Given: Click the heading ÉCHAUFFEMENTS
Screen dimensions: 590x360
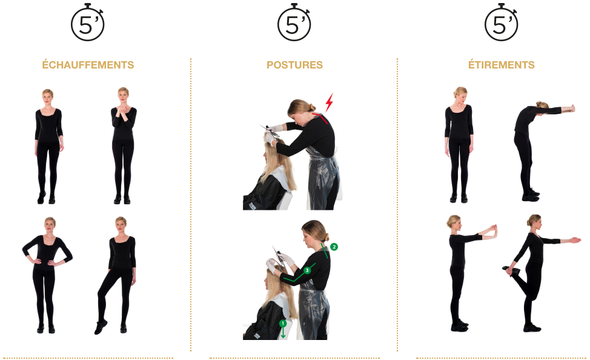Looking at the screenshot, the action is [x=88, y=65].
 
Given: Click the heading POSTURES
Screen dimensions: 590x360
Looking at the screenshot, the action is [x=294, y=65].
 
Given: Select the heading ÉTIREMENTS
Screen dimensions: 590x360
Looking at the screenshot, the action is [x=501, y=65].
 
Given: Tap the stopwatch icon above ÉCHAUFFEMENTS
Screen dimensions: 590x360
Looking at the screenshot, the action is [x=88, y=22].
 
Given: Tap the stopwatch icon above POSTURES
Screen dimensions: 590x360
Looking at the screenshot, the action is [x=294, y=22].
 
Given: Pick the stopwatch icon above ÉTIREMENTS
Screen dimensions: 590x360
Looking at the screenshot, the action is [x=501, y=22].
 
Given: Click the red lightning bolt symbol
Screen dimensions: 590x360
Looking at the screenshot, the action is [x=330, y=102].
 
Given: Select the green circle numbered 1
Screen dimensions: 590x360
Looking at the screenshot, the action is [x=283, y=324].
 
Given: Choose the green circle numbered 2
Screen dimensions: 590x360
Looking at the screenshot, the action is [x=334, y=247].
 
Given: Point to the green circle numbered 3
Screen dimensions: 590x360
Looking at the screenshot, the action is [x=307, y=270].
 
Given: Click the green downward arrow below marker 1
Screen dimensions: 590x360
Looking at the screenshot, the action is [x=283, y=333].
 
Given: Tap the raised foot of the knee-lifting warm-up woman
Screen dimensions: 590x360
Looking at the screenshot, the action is [x=101, y=328].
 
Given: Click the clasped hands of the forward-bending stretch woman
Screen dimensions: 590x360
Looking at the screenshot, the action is [x=571, y=109].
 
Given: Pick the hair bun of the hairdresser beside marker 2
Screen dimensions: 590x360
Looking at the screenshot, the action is [x=326, y=237].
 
